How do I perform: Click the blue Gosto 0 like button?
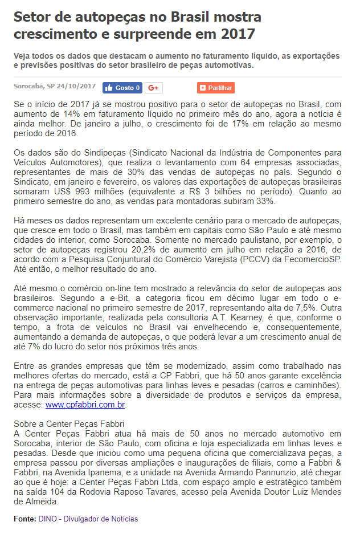(122, 88)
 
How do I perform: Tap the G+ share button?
(154, 88)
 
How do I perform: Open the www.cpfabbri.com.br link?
(85, 405)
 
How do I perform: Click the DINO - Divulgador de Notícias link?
(88, 519)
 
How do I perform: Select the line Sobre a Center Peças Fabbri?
(69, 424)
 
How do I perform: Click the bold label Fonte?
(25, 519)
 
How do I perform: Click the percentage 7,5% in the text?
(295, 308)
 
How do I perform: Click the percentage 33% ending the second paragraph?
(265, 201)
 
